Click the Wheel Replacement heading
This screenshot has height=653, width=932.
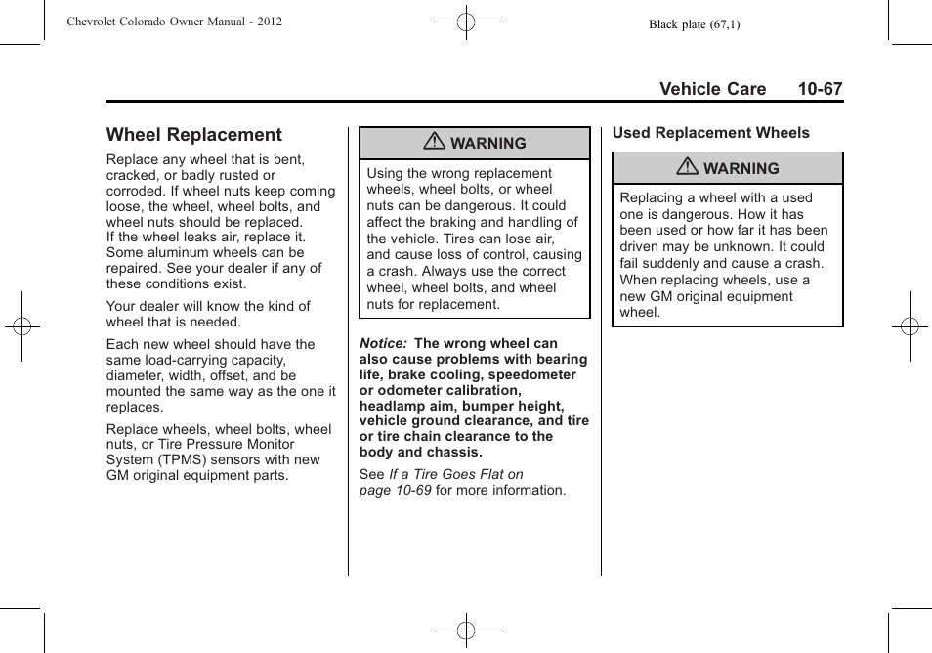pos(193,135)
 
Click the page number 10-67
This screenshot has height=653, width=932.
pos(819,89)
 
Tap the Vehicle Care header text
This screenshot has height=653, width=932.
pos(712,89)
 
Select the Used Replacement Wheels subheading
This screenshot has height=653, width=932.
pos(710,133)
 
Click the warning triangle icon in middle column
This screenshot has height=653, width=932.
pos(435,142)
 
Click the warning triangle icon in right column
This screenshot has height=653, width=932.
pos(688,168)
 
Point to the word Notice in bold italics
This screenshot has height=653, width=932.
pos(383,343)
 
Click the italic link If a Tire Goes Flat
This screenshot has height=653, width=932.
pos(455,474)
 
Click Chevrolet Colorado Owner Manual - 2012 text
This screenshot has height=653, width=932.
pos(174,22)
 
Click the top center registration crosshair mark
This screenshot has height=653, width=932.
pos(466,21)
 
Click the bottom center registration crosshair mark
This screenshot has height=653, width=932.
pos(466,631)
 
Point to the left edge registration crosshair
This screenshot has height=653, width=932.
pos(21,326)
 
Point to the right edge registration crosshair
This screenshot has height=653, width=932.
pos(910,326)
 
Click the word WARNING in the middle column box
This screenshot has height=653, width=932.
pos(487,143)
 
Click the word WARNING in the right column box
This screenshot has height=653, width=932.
pos(741,168)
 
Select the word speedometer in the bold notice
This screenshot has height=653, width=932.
pos(532,374)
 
